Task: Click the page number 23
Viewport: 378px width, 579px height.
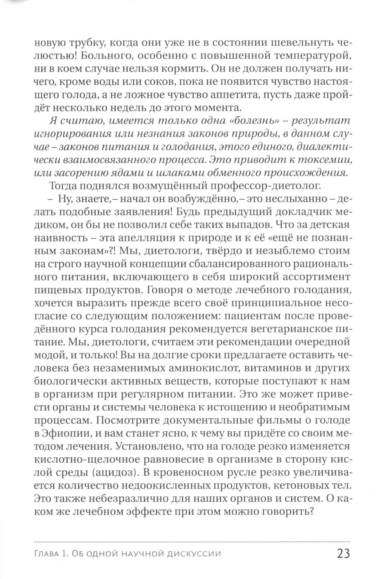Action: [x=342, y=553]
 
